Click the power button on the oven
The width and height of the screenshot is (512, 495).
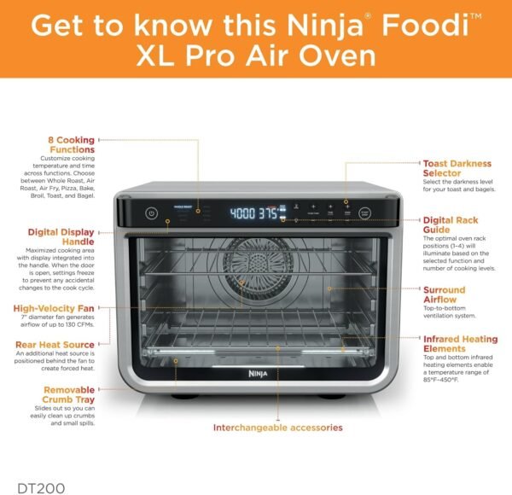[x=151, y=213]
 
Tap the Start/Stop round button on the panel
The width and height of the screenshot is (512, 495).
[x=365, y=213]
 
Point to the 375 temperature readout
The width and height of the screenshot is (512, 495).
[x=269, y=213]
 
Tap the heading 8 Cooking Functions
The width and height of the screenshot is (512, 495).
[x=70, y=145]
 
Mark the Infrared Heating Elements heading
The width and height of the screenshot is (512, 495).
[x=460, y=344]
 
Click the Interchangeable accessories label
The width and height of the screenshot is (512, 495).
[x=277, y=427]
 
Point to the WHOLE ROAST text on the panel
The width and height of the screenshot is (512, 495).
[x=183, y=207]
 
